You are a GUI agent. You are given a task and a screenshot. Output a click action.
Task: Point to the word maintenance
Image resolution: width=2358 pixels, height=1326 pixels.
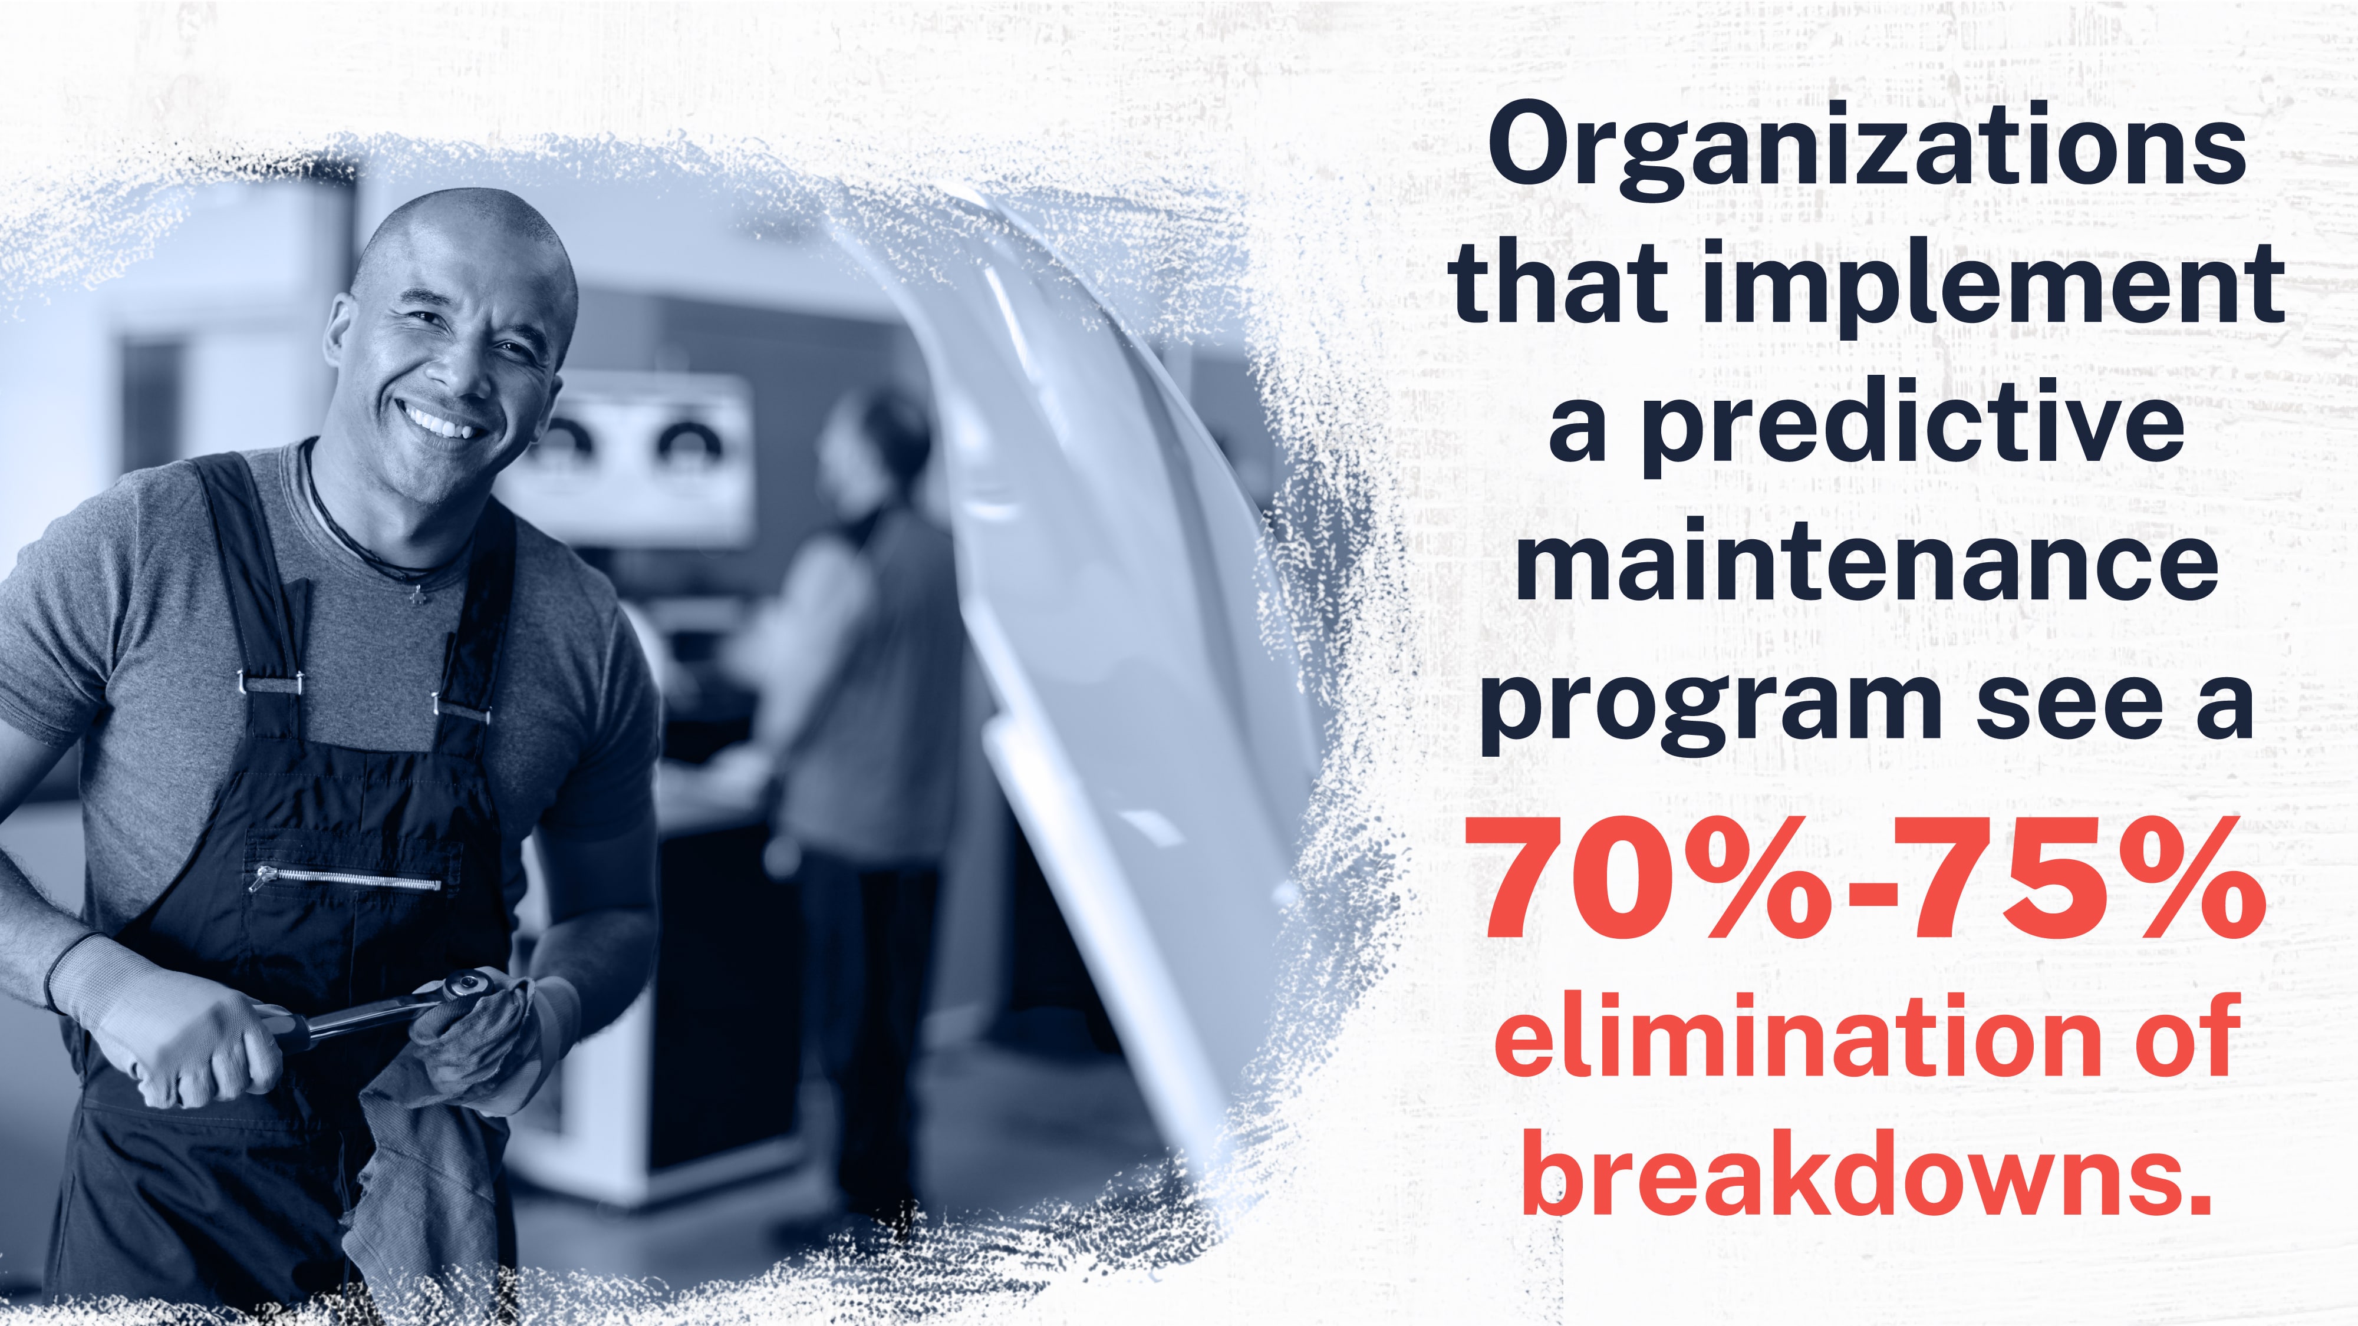(x=1868, y=558)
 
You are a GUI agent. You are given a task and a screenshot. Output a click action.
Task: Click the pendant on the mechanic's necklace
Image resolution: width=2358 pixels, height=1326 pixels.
(x=419, y=594)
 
